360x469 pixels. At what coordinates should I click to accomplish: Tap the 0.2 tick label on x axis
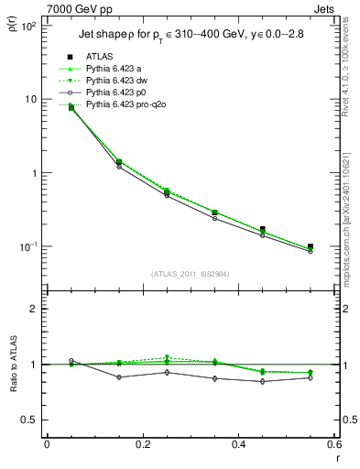(x=142, y=446)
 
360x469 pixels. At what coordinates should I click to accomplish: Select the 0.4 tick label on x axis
(x=237, y=446)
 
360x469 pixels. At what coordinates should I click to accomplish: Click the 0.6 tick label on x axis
(x=333, y=446)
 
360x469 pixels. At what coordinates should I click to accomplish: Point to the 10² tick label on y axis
(x=27, y=25)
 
